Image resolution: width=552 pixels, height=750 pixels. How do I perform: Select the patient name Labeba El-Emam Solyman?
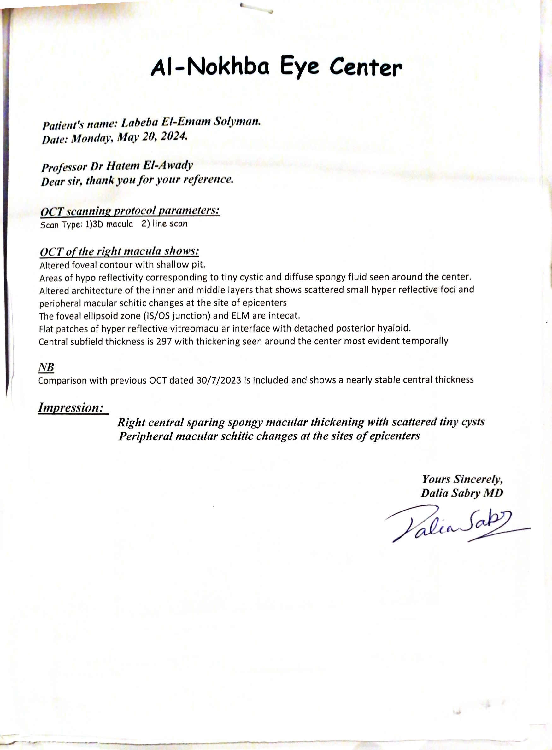[191, 123]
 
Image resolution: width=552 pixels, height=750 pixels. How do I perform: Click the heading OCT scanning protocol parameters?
[130, 211]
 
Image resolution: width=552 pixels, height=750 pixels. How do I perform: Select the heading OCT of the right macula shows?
[119, 251]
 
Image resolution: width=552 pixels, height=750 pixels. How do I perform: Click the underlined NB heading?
[46, 367]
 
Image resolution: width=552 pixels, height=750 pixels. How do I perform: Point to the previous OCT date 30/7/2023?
[219, 380]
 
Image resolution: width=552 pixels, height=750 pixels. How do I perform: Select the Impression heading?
[71, 407]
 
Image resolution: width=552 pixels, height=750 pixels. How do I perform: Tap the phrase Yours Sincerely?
[462, 479]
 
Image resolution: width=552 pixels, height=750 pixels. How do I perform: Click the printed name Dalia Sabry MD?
[462, 493]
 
